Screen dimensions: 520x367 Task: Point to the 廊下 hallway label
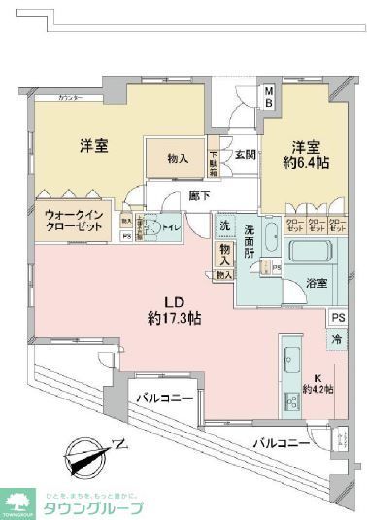[x=200, y=196]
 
